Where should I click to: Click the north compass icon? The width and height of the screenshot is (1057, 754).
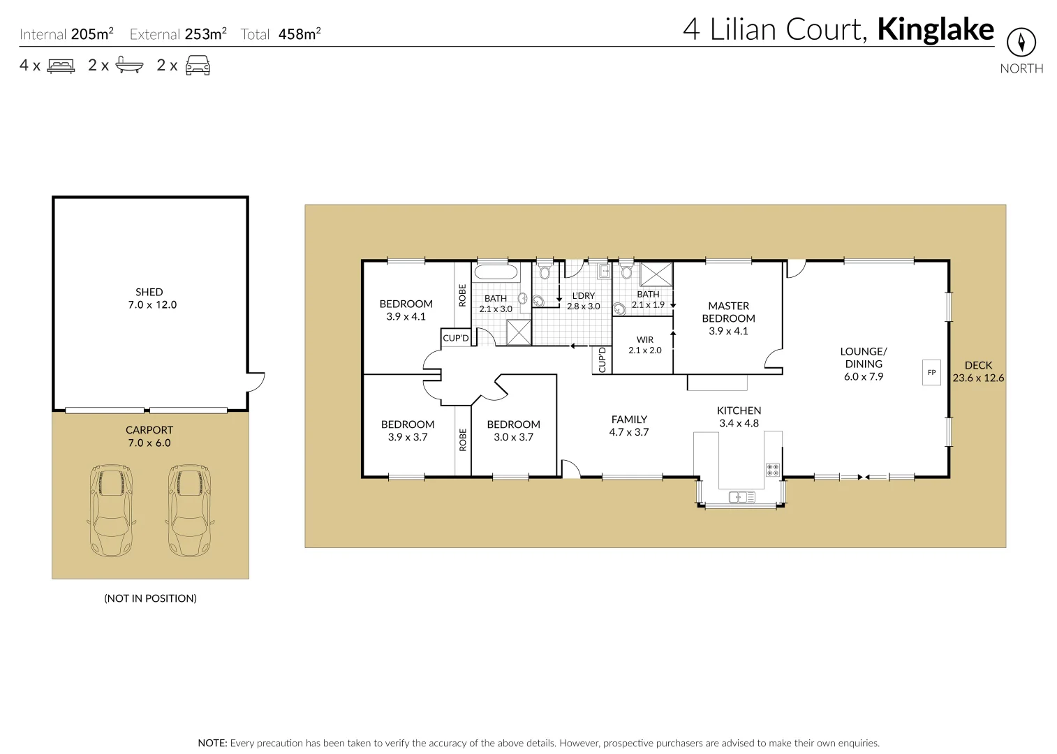[1021, 43]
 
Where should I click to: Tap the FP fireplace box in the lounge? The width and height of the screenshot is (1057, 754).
[931, 373]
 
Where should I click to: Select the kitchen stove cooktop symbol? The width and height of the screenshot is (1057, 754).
[772, 469]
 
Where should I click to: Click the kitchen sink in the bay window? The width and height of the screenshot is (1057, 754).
[741, 497]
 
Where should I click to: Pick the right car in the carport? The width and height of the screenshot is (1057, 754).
[189, 511]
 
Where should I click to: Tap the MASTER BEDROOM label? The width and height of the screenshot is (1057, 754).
[728, 318]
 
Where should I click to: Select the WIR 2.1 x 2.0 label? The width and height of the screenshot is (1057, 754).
[644, 345]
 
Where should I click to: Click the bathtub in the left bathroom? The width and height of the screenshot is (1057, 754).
[496, 273]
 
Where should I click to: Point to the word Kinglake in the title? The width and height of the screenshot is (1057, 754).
[935, 29]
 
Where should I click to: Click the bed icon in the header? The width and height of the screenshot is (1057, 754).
[61, 66]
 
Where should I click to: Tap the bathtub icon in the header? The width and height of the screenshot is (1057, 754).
[129, 66]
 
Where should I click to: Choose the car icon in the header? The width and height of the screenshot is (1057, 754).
[198, 66]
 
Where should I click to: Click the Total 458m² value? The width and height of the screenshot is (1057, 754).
[299, 34]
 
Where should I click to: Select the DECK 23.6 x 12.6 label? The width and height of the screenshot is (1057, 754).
[977, 371]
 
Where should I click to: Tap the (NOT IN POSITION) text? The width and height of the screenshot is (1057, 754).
[150, 598]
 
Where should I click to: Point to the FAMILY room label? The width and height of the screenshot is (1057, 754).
[629, 426]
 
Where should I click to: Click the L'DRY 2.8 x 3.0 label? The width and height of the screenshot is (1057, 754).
[583, 301]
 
